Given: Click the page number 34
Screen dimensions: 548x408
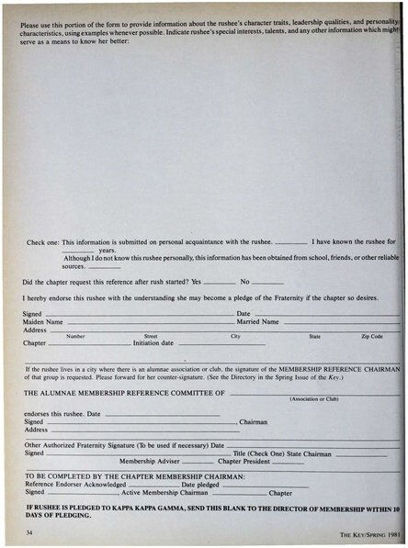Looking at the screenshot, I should click(30, 531).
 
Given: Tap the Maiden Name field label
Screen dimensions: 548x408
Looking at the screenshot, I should click(43, 322).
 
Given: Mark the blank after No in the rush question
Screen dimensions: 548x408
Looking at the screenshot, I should click(266, 282).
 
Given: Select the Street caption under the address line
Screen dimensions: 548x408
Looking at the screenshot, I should click(151, 337).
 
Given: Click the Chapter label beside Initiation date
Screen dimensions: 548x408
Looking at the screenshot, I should click(34, 343).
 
